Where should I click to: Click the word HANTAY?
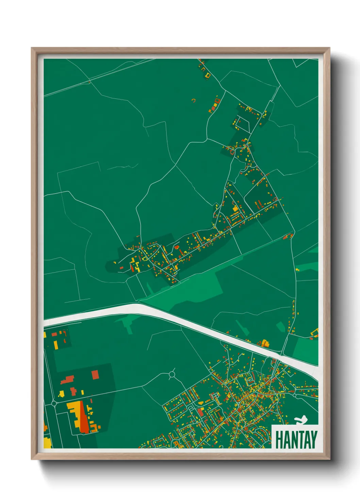(296, 439)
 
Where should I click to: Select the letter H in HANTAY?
(279, 439)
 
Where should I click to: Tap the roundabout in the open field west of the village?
(171, 375)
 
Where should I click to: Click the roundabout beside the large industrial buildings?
(54, 404)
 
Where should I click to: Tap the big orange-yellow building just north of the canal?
(265, 343)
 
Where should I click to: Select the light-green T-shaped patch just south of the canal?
(129, 324)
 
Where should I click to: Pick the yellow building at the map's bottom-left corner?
(47, 443)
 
